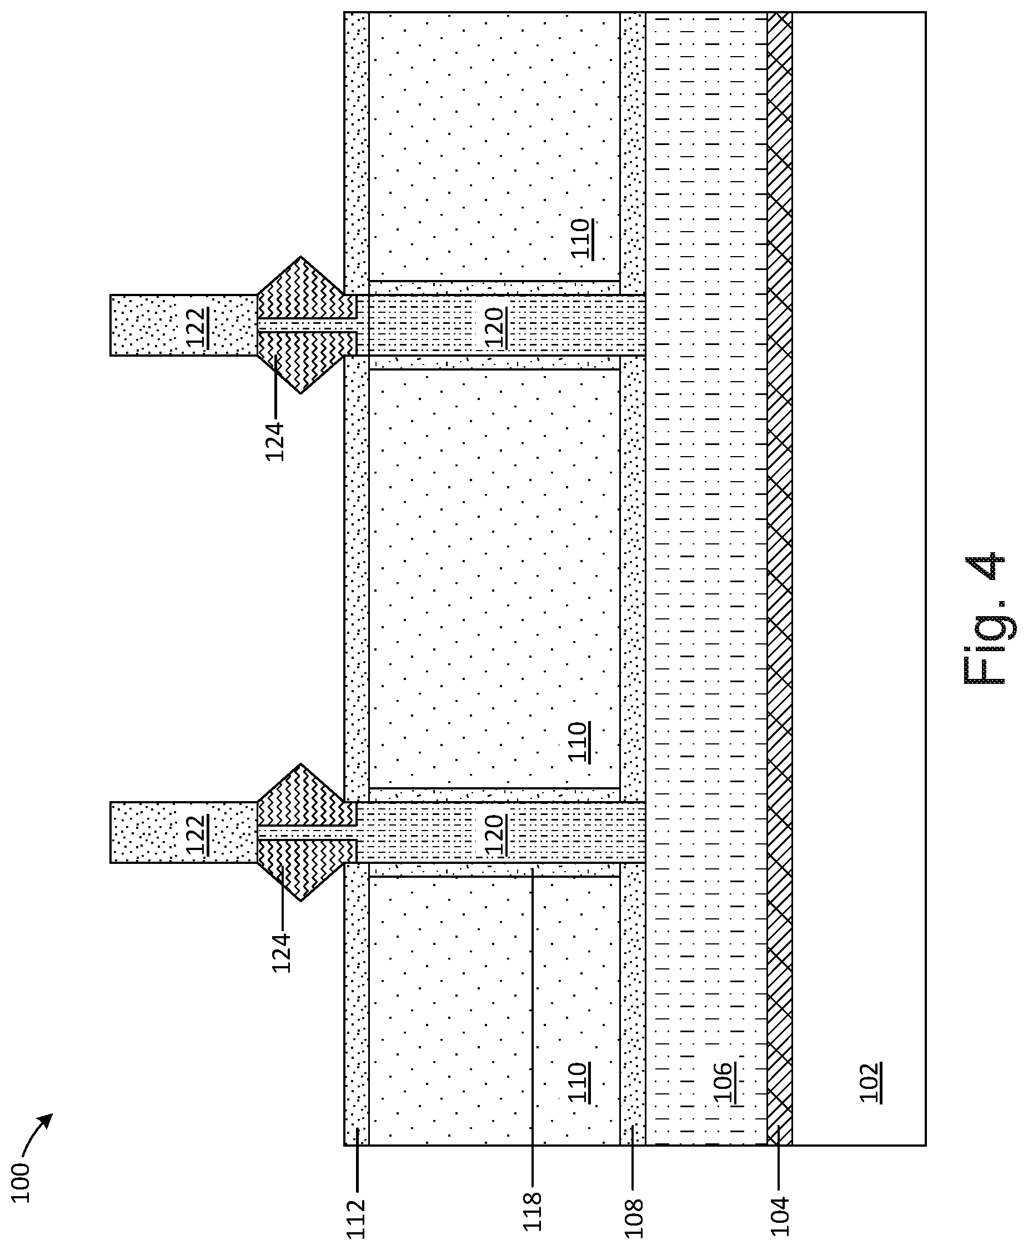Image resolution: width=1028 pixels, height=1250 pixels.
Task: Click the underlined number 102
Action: [x=869, y=1083]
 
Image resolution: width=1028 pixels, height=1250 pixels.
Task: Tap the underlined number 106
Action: [x=724, y=1083]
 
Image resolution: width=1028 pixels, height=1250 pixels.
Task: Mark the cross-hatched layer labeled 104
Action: [x=779, y=592]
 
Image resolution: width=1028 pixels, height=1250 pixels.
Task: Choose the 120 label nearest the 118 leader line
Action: [x=495, y=836]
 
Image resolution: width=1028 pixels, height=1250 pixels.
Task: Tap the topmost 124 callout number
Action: [x=275, y=441]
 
